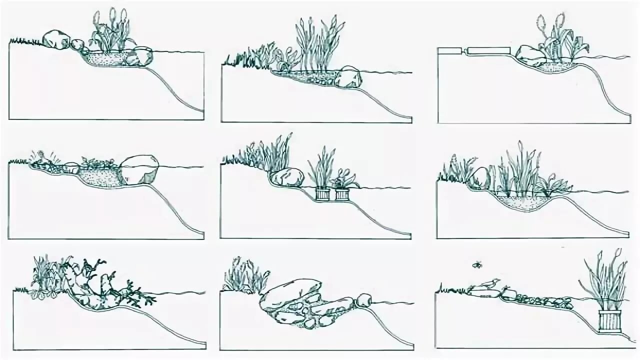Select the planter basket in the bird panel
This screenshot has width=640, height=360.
pyautogui.click(x=610, y=320)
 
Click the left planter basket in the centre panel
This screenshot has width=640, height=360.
pyautogui.click(x=323, y=194)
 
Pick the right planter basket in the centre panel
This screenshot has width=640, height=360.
pyautogui.click(x=342, y=194)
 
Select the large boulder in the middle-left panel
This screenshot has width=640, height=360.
pyautogui.click(x=139, y=169)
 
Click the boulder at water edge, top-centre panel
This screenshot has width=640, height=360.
pyautogui.click(x=348, y=77)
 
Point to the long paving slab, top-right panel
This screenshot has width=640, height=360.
pyautogui.click(x=489, y=50)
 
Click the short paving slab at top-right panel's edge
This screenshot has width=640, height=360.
pyautogui.click(x=450, y=50)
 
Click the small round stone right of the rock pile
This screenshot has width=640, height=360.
pyautogui.click(x=363, y=300)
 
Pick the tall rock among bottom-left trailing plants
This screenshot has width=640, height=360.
pyautogui.click(x=106, y=283)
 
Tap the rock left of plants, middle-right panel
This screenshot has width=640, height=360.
pyautogui.click(x=480, y=177)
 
